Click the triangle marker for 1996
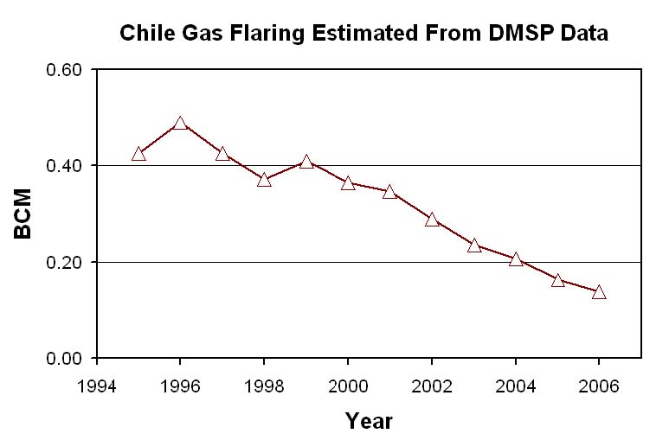tap(180, 124)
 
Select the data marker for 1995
tap(138, 154)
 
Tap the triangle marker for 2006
tap(599, 292)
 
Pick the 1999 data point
tap(306, 162)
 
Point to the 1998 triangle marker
tap(264, 180)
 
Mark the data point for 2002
tap(432, 220)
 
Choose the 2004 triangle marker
tap(516, 259)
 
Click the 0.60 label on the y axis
tap(64, 70)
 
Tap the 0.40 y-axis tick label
tap(64, 166)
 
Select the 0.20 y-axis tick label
tap(64, 262)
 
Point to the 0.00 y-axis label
tap(64, 358)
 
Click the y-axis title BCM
tap(23, 214)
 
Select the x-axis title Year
tap(369, 421)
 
